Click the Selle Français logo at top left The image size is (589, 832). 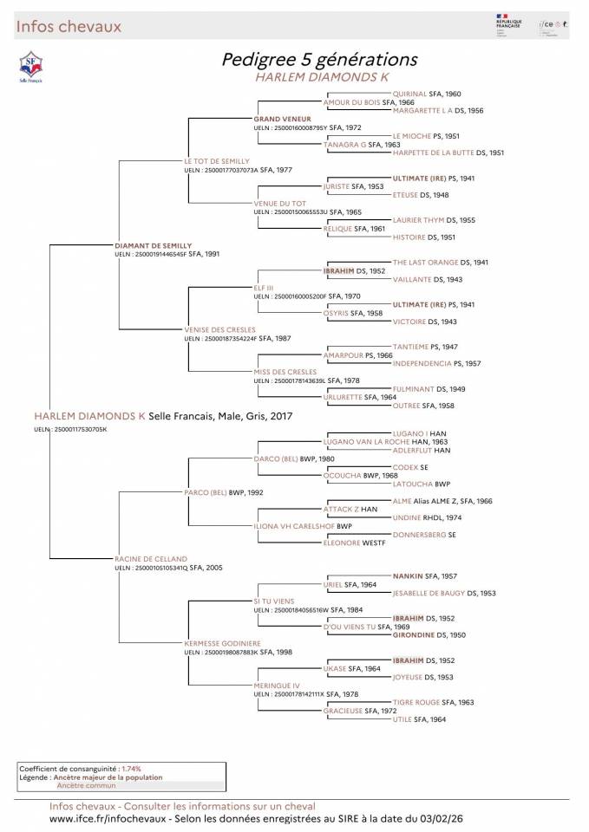[x=31, y=65]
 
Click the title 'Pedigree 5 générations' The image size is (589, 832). [x=320, y=59]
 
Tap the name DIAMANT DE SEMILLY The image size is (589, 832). [x=153, y=246]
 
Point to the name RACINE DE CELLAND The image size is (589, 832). [x=150, y=559]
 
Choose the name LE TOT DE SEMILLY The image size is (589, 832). [x=216, y=161]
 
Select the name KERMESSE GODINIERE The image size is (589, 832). [x=222, y=643]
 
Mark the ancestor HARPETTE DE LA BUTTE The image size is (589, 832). [x=437, y=153]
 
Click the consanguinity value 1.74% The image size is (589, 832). [x=131, y=769]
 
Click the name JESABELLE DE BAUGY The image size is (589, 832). [x=431, y=593]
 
